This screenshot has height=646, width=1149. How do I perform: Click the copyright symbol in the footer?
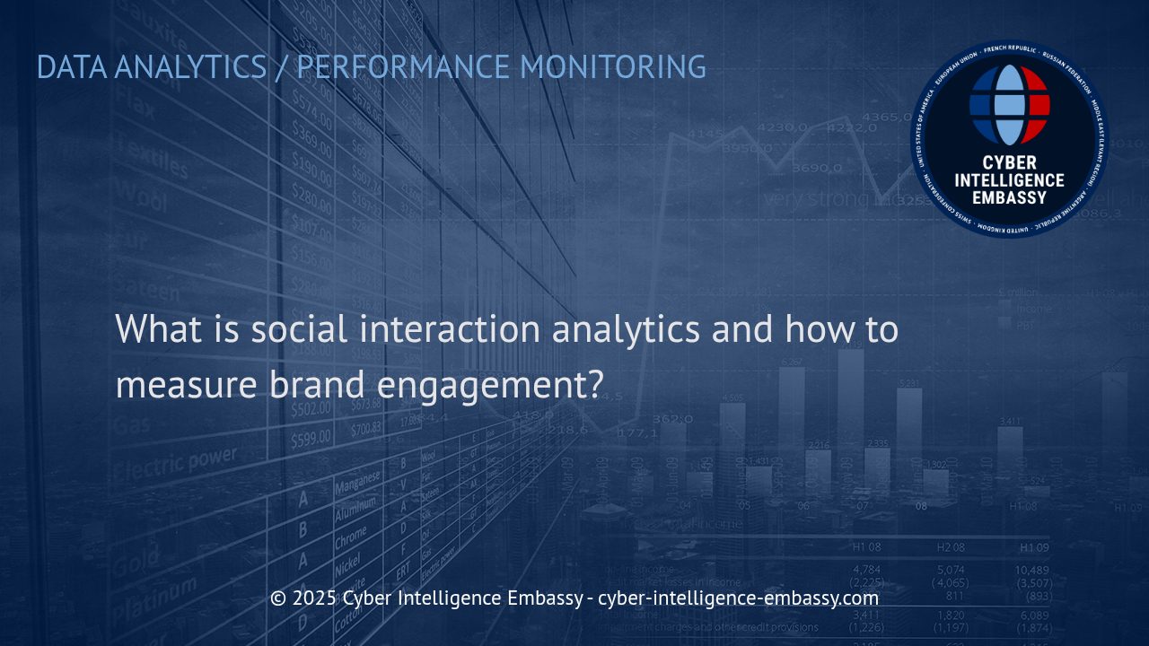tap(278, 598)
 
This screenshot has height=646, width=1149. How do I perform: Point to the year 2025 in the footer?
tap(314, 598)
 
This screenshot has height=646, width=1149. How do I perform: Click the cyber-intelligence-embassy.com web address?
tap(738, 598)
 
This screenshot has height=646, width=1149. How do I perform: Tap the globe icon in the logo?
tap(1010, 104)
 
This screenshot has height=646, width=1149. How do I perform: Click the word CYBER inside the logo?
tap(1010, 163)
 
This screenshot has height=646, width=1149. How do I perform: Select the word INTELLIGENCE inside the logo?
tap(1010, 180)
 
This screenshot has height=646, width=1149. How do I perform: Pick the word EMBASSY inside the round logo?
tap(1010, 197)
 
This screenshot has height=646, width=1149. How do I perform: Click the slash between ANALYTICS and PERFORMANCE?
tap(282, 67)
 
